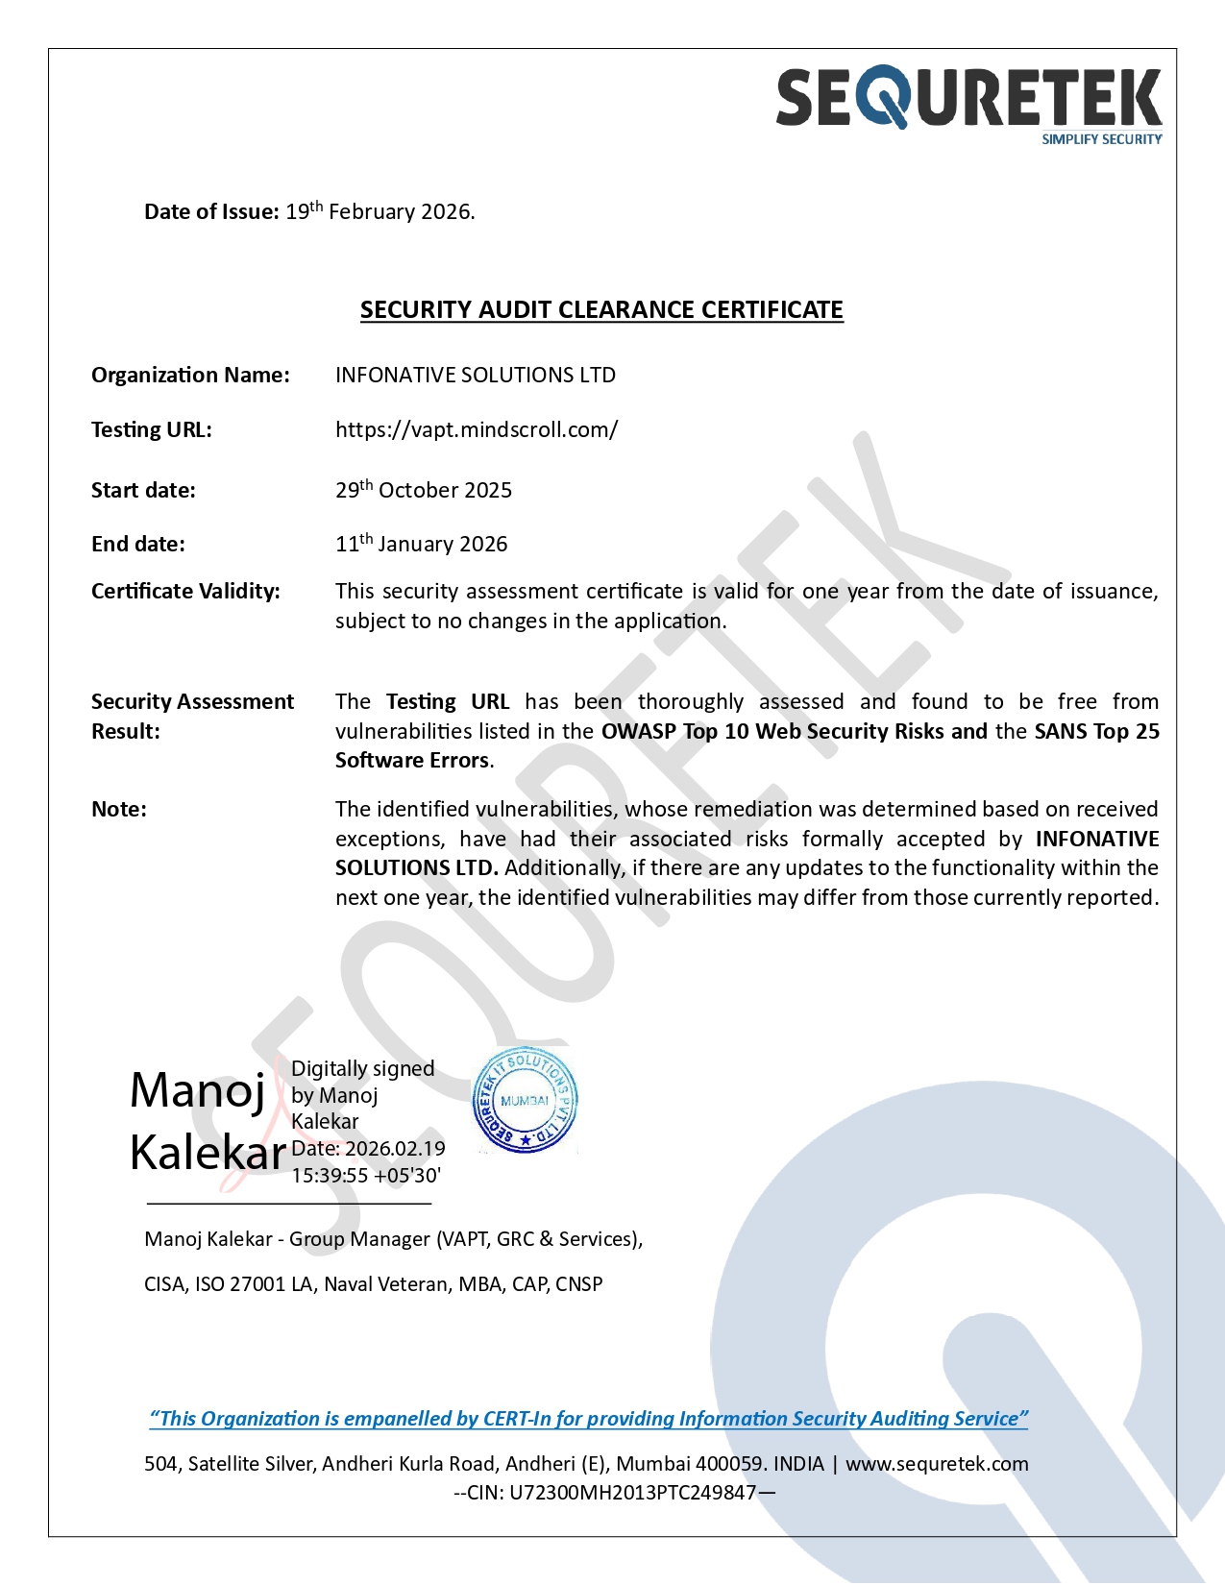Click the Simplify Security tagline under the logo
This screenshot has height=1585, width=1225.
pyautogui.click(x=1101, y=139)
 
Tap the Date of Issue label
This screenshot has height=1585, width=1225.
pyautogui.click(x=211, y=212)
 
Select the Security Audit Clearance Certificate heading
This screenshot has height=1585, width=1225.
pyautogui.click(x=601, y=310)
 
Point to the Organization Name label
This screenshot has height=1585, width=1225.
pyautogui.click(x=190, y=376)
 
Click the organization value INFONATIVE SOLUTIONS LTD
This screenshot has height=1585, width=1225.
pyautogui.click(x=475, y=376)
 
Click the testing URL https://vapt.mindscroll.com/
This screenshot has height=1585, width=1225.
pyautogui.click(x=477, y=430)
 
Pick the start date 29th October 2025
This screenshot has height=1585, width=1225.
pyautogui.click(x=424, y=490)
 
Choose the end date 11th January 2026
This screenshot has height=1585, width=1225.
pyautogui.click(x=421, y=544)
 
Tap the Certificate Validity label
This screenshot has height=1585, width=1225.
pyautogui.click(x=185, y=591)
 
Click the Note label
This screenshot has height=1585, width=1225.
pyautogui.click(x=119, y=810)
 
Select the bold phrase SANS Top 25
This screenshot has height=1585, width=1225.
pyautogui.click(x=1096, y=732)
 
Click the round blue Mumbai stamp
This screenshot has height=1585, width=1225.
pyautogui.click(x=525, y=1100)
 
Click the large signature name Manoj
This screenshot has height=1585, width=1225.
pyautogui.click(x=198, y=1090)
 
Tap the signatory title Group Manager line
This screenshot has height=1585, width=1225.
pyautogui.click(x=393, y=1239)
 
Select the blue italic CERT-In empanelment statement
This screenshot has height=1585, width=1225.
pyautogui.click(x=588, y=1419)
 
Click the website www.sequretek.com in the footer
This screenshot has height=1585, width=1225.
pyautogui.click(x=937, y=1464)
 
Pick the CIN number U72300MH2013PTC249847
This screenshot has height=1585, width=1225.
pyautogui.click(x=632, y=1493)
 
